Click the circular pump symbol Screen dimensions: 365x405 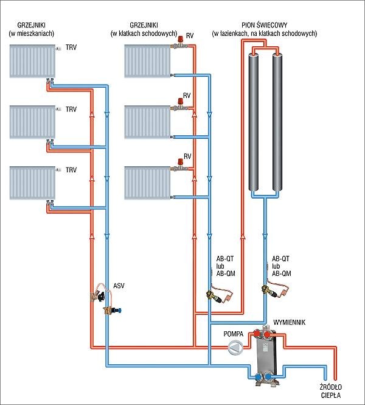[x=235, y=347]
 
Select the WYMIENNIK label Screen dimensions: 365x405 [x=289, y=322]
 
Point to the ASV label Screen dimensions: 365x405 [x=119, y=286]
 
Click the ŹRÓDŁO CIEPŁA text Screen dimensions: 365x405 [x=331, y=391]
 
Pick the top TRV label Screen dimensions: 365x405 [x=71, y=48]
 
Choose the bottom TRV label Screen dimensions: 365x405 [x=71, y=170]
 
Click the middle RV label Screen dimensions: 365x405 [x=187, y=96]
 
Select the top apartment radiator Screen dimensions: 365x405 [x=32, y=61]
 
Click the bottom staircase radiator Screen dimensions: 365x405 [x=147, y=183]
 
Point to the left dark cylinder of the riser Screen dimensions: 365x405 [x=254, y=122]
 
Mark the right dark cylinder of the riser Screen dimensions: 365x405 [x=277, y=122]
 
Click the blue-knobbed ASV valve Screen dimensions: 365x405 [x=112, y=310]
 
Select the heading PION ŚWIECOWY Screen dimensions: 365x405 [x=265, y=26]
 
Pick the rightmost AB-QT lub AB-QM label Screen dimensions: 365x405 [x=282, y=266]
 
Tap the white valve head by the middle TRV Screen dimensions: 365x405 [x=58, y=109]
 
